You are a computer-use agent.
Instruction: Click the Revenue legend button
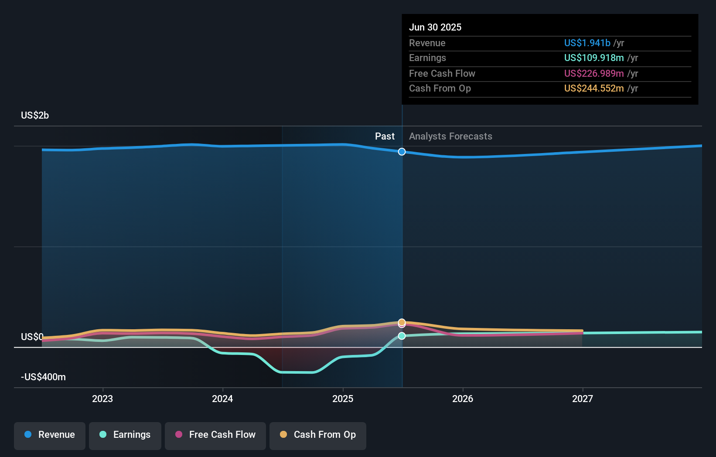(x=50, y=435)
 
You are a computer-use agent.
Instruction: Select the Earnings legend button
(x=125, y=435)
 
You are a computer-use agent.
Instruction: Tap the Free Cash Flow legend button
(x=215, y=435)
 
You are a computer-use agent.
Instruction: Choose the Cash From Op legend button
(x=318, y=435)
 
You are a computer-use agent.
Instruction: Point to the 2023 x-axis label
(x=102, y=399)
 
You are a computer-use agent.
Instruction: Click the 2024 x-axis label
(x=222, y=399)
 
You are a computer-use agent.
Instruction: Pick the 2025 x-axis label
(x=343, y=399)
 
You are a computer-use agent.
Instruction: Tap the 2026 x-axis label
(x=463, y=399)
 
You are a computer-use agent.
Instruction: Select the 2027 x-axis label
(x=583, y=399)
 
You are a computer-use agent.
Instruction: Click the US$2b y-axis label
(x=35, y=116)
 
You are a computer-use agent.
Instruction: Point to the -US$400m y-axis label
(x=43, y=377)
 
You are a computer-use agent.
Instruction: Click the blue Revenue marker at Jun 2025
(x=402, y=152)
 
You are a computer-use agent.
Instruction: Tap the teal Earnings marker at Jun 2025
(x=402, y=336)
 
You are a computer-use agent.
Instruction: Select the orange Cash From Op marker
(x=402, y=322)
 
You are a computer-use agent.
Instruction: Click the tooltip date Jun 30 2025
(x=435, y=27)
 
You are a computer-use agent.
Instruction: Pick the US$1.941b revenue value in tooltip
(x=587, y=43)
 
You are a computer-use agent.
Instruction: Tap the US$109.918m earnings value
(x=594, y=58)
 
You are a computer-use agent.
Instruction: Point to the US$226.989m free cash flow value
(x=594, y=74)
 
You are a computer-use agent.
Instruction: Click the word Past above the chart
(x=385, y=136)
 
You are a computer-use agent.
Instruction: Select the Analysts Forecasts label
(x=450, y=136)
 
